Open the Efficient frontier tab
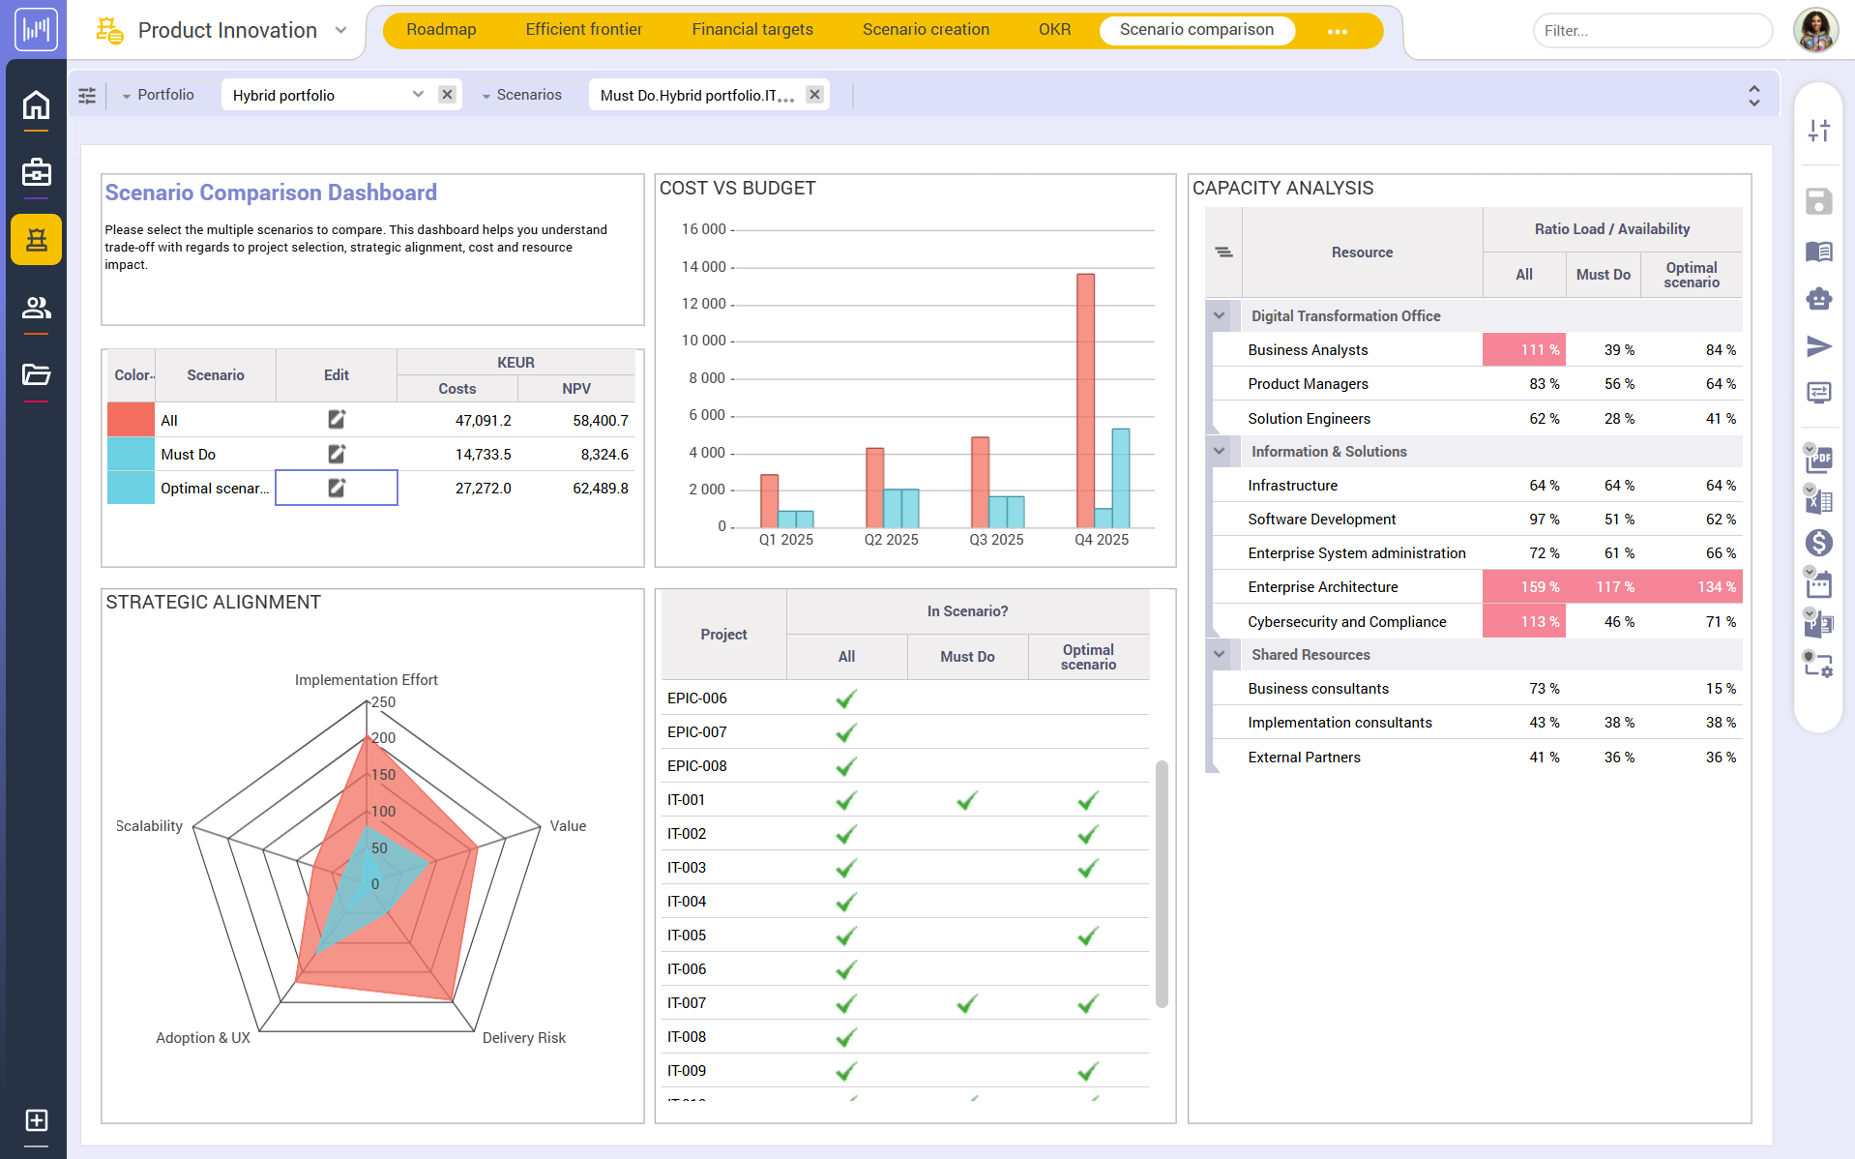(583, 30)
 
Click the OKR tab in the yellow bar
(1054, 30)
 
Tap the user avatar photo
(1815, 30)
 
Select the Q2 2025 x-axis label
(891, 540)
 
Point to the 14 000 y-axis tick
(703, 267)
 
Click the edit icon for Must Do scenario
(336, 454)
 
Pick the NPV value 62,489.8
(600, 489)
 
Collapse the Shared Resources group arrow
(1220, 655)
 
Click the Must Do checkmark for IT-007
(966, 1003)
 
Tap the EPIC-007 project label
(696, 732)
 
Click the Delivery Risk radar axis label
(523, 1038)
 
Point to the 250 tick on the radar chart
(383, 702)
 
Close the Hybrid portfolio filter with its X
(447, 95)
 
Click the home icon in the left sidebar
(36, 104)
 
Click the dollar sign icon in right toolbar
(1818, 543)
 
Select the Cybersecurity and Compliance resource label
(1346, 622)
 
